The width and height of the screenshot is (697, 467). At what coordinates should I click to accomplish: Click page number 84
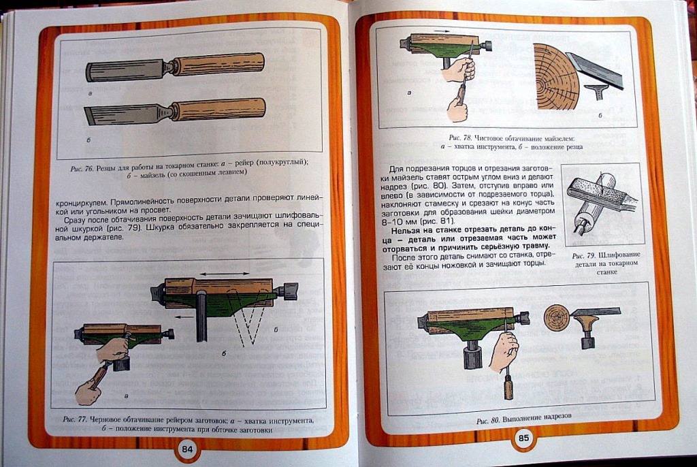(x=189, y=449)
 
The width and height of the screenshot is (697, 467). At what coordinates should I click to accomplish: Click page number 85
(x=524, y=438)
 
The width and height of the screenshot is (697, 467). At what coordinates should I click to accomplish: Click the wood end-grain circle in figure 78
(x=553, y=76)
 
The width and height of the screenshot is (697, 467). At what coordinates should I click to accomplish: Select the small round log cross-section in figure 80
(x=556, y=318)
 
